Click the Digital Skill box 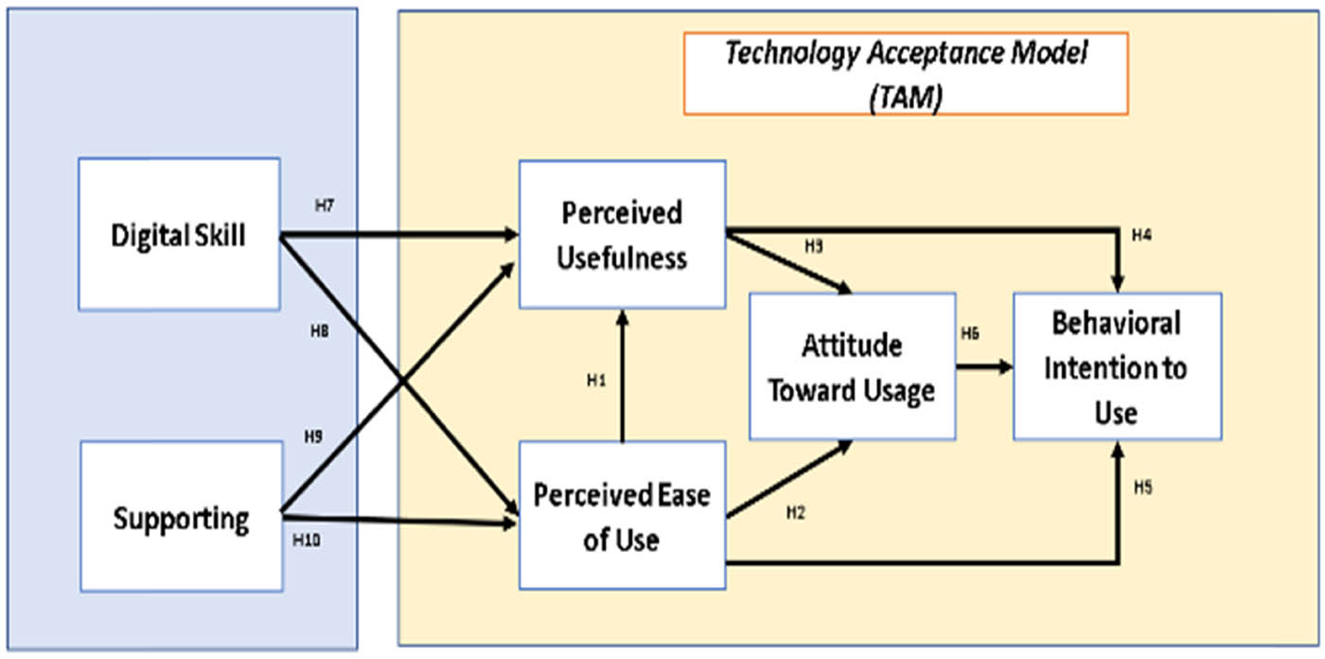(179, 234)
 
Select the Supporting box (181, 518)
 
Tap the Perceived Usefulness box (622, 234)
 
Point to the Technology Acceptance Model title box (905, 73)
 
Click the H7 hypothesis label (323, 205)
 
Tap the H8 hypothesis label (319, 330)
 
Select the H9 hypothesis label (313, 437)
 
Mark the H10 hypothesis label (307, 541)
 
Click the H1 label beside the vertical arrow (595, 381)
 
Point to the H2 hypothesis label (795, 512)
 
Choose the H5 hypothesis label (1144, 487)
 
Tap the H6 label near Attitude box (969, 333)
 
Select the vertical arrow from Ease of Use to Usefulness (622, 379)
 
